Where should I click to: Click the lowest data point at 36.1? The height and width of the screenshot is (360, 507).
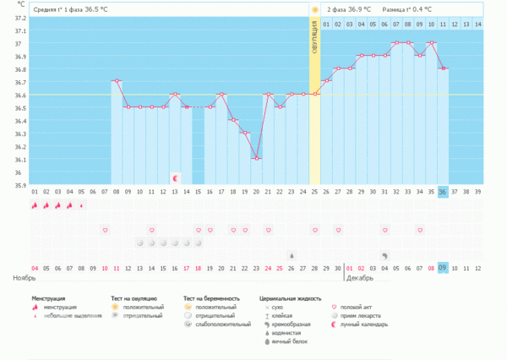tap(257, 158)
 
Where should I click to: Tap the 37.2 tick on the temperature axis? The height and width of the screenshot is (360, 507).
tap(20, 18)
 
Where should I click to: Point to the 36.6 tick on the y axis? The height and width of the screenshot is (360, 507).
tap(20, 95)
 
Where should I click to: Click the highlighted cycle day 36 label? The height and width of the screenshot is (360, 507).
tap(443, 192)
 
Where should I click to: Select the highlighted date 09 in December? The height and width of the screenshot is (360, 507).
tap(443, 268)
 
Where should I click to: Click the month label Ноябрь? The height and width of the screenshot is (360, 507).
tap(25, 277)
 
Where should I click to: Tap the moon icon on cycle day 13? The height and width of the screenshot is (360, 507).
tap(175, 178)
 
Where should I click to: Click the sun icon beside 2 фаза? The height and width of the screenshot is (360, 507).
tap(315, 9)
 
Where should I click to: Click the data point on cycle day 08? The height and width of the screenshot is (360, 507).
tap(117, 81)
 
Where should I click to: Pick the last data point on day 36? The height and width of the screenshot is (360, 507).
tap(444, 68)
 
